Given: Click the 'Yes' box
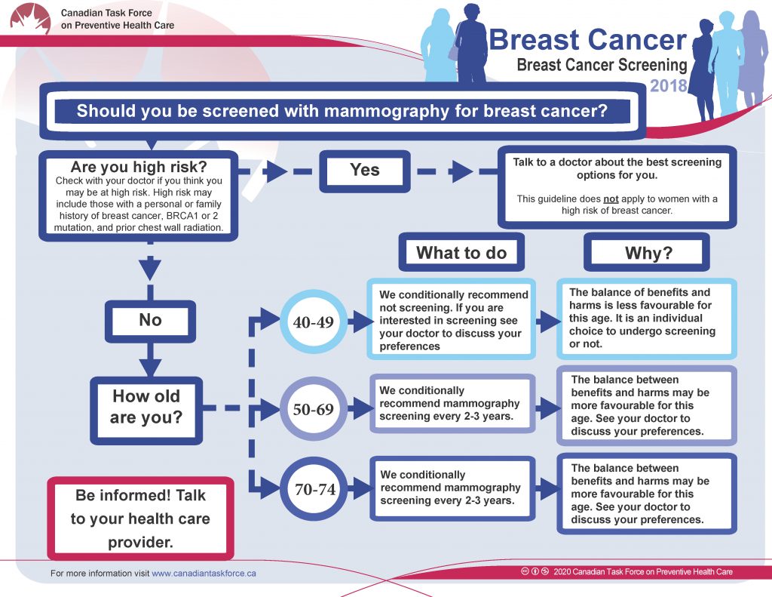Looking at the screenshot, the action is tap(365, 171).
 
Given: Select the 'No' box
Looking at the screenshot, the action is tap(150, 322).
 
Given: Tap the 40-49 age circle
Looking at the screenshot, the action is tap(314, 322).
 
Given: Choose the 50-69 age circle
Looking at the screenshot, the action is tap(314, 408).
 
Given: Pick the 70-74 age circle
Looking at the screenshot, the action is tap(314, 489).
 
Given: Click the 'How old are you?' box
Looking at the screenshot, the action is tap(146, 411).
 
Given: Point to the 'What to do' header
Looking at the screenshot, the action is tap(461, 252).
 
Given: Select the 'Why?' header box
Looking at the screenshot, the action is tap(646, 252).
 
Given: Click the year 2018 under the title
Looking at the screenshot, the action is tap(668, 86).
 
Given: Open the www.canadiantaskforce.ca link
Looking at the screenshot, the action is tap(204, 574).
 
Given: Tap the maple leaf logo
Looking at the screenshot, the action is tap(30, 19).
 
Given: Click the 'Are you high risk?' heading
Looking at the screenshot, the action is tap(139, 167).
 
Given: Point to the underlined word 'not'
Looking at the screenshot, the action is tap(611, 199).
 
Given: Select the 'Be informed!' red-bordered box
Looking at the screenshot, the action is tap(140, 519).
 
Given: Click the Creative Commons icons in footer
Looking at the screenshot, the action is tap(535, 571).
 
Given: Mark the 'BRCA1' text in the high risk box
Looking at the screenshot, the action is tap(182, 216).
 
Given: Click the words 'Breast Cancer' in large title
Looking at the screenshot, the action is tap(587, 39).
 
